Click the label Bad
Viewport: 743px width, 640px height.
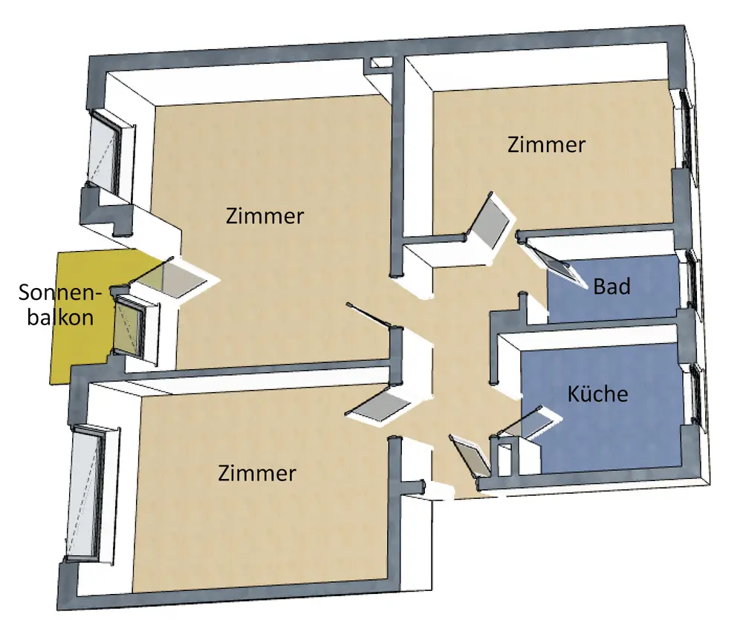pyautogui.click(x=611, y=286)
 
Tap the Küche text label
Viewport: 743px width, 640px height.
pyautogui.click(x=597, y=394)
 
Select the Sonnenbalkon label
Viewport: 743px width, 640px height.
pyautogui.click(x=56, y=305)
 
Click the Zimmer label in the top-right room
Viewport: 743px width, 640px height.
pyautogui.click(x=546, y=145)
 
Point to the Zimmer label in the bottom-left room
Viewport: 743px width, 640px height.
pyautogui.click(x=257, y=473)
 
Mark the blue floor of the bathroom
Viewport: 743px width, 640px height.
pyautogui.click(x=639, y=304)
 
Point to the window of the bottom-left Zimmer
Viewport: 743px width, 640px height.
pyautogui.click(x=85, y=494)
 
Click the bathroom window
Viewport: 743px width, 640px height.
pyautogui.click(x=693, y=281)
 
